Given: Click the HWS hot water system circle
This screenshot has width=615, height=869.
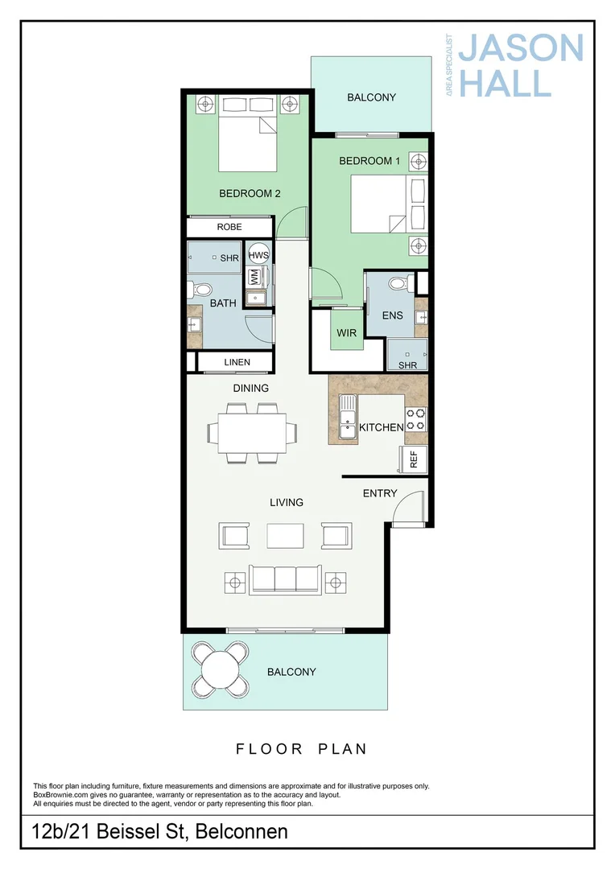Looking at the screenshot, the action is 258,255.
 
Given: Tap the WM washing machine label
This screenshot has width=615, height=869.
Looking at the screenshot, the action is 254,277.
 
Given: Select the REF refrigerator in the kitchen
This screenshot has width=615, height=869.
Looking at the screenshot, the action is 413,459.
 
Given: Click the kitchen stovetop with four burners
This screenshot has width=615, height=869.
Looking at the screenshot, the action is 415,419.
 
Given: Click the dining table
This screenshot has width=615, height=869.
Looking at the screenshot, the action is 252,433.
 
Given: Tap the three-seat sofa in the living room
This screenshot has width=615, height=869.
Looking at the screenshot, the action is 285,580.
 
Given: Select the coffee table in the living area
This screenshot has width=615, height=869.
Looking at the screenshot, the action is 285,536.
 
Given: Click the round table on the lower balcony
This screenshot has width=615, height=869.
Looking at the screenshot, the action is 221,670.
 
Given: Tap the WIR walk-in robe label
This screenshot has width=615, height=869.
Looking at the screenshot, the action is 347,332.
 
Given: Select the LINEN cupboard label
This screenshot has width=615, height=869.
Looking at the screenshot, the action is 237,362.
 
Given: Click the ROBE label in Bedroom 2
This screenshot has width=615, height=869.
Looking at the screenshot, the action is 229,227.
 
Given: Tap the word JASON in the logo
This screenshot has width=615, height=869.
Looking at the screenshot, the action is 521,47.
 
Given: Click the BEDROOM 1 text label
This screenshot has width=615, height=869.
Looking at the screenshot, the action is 369,161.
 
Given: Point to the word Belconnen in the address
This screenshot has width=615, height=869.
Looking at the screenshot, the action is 241,831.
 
